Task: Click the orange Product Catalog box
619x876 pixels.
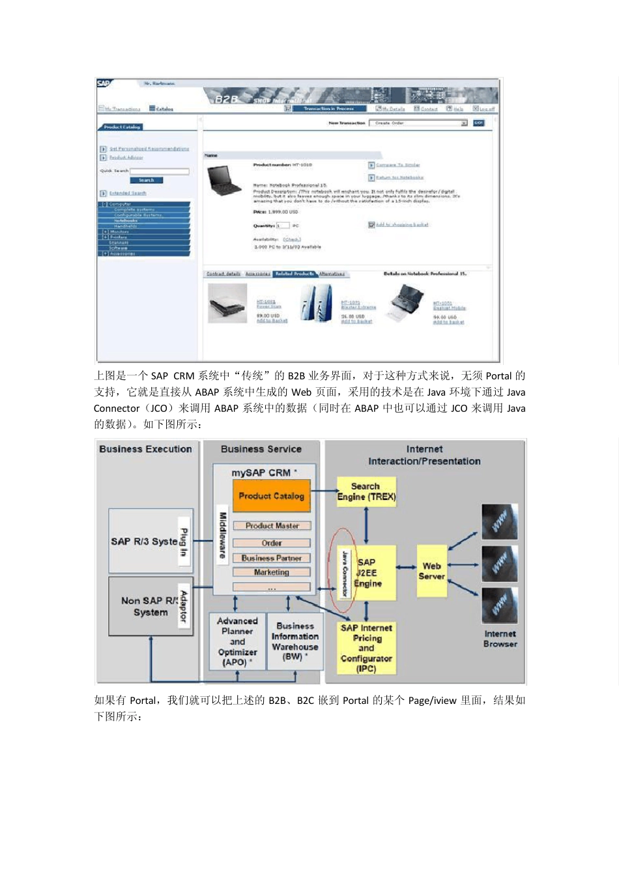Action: (x=271, y=496)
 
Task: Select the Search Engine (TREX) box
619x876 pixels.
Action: (x=366, y=492)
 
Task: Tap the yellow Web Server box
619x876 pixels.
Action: (x=431, y=572)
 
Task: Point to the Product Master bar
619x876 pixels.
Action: (x=272, y=525)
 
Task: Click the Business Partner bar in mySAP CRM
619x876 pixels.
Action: (x=272, y=558)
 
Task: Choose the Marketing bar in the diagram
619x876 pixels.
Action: (x=272, y=572)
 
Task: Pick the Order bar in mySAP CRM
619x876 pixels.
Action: (x=272, y=543)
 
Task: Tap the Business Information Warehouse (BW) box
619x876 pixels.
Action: (x=295, y=641)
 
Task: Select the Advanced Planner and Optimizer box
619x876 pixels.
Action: (x=237, y=641)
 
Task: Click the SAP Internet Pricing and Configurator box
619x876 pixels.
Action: (x=366, y=648)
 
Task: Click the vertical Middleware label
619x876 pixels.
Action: (x=222, y=535)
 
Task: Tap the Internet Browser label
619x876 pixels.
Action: (x=500, y=639)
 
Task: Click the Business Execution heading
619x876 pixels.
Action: (x=145, y=449)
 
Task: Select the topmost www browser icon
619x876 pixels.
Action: (x=499, y=521)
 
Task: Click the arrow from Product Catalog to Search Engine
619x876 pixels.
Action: (x=323, y=491)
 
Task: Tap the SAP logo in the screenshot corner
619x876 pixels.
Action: (x=104, y=84)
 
